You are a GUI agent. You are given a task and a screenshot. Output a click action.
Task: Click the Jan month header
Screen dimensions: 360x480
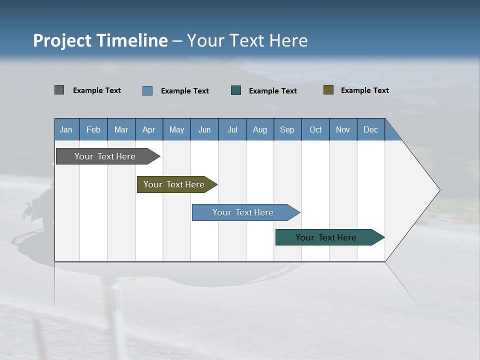pyautogui.click(x=66, y=129)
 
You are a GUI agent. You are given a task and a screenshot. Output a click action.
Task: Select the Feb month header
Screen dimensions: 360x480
pyautogui.click(x=93, y=129)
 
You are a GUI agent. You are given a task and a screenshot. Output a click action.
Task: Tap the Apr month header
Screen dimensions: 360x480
pyautogui.click(x=148, y=129)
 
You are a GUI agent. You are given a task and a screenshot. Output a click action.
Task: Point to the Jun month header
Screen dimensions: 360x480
pyautogui.click(x=204, y=129)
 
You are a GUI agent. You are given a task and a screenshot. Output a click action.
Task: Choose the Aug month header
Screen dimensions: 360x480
pyautogui.click(x=259, y=129)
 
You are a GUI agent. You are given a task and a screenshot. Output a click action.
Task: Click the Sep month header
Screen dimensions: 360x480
pyautogui.click(x=287, y=129)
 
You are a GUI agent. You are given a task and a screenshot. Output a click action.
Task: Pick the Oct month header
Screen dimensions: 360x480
pyautogui.click(x=315, y=129)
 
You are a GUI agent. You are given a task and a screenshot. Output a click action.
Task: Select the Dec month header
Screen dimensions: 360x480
pyautogui.click(x=370, y=129)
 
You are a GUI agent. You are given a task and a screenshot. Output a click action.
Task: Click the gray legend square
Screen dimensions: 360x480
pyautogui.click(x=59, y=90)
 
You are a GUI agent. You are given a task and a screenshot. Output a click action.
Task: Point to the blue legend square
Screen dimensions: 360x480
pyautogui.click(x=147, y=90)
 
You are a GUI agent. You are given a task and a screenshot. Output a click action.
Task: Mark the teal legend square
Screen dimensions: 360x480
pyautogui.click(x=236, y=90)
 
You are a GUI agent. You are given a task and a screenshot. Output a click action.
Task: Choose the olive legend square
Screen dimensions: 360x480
pyautogui.click(x=328, y=90)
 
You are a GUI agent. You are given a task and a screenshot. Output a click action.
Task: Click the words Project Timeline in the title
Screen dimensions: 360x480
pyautogui.click(x=100, y=40)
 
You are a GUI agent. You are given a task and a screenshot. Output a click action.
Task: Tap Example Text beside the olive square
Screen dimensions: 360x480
pyautogui.click(x=364, y=90)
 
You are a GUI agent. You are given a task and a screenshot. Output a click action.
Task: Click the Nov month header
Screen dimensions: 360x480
pyautogui.click(x=343, y=129)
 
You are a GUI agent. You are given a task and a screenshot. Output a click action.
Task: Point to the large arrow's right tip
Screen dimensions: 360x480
pyautogui.click(x=438, y=190)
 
